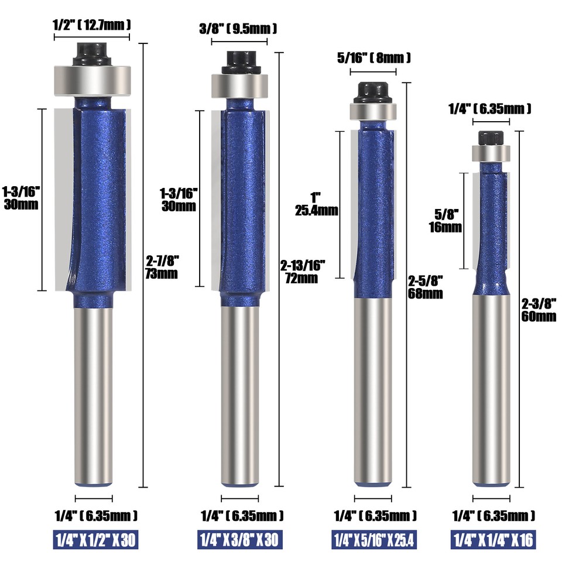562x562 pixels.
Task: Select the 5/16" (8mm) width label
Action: [x=373, y=57]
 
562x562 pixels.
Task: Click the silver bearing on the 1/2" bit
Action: [x=92, y=80]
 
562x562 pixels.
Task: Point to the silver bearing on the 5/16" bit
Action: [x=373, y=110]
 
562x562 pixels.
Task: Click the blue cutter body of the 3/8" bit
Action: [x=240, y=199]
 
